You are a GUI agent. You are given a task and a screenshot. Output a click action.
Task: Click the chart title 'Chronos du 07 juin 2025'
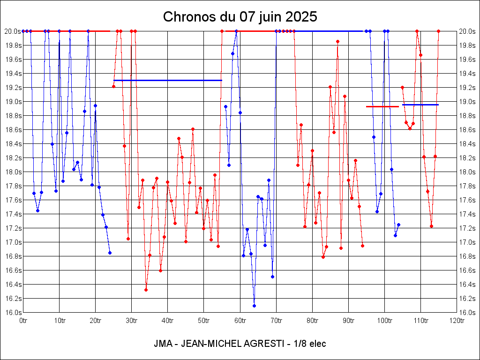[240, 17]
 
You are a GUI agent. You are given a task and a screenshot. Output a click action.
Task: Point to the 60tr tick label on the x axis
[240, 321]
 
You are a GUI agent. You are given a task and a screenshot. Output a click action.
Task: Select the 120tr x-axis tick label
[457, 321]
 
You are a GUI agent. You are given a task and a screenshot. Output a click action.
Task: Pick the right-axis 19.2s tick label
[467, 87]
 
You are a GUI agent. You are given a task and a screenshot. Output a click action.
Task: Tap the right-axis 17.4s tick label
[467, 214]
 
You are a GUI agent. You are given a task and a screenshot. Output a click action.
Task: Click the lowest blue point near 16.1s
[254, 306]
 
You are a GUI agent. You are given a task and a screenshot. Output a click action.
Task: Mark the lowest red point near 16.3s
[146, 290]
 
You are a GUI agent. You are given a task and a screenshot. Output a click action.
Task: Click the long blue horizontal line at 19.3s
[167, 80]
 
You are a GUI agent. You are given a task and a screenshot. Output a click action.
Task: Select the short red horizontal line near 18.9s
[382, 106]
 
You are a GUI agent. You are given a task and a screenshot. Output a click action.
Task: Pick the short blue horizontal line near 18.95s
[420, 105]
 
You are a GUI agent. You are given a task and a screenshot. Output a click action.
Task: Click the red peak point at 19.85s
[337, 41]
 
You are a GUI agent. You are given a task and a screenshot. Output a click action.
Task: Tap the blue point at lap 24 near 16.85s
[110, 253]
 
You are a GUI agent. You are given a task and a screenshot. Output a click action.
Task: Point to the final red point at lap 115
[438, 31]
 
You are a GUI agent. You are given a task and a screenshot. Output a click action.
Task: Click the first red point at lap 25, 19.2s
[113, 86]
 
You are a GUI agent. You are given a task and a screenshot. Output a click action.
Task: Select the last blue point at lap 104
[398, 225]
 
